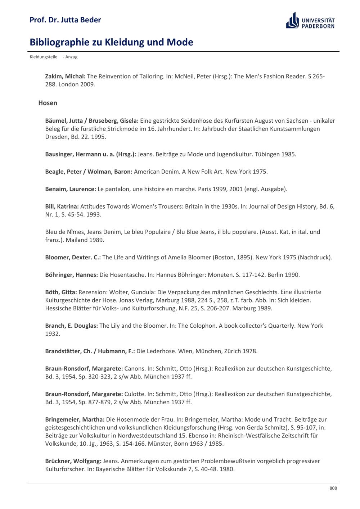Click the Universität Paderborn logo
[x=310, y=20]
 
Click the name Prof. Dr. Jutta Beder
[x=65, y=20]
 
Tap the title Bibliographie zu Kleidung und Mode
[x=111, y=42]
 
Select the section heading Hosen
[x=48, y=103]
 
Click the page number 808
[x=333, y=488]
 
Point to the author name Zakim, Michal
[x=65, y=76]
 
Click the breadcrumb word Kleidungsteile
[x=43, y=57]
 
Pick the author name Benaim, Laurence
[x=71, y=189]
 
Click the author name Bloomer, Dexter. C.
[x=73, y=257]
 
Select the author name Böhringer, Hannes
[x=71, y=275]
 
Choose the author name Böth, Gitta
[x=61, y=292]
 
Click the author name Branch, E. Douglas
[x=71, y=326]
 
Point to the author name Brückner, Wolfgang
[x=73, y=461]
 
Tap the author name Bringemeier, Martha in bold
[x=75, y=419]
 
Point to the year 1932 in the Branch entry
[x=53, y=334]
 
